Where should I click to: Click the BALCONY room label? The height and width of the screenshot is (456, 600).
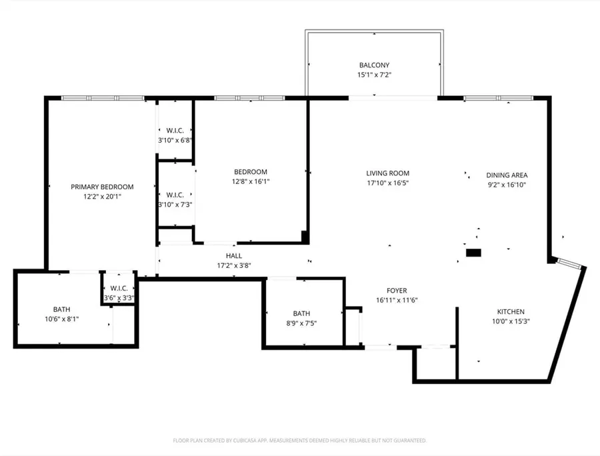pyautogui.click(x=374, y=65)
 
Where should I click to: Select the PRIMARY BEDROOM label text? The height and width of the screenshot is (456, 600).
pyautogui.click(x=102, y=187)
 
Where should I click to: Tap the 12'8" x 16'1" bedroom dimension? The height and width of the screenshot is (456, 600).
pyautogui.click(x=251, y=182)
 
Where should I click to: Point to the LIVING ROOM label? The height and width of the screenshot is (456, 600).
pyautogui.click(x=387, y=173)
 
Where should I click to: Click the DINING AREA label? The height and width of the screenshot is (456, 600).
pyautogui.click(x=507, y=175)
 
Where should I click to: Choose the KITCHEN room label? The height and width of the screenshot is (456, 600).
pyautogui.click(x=511, y=312)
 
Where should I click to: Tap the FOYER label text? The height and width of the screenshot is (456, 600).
pyautogui.click(x=397, y=291)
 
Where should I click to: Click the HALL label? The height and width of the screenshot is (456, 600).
pyautogui.click(x=234, y=256)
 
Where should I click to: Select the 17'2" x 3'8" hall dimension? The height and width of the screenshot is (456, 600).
pyautogui.click(x=234, y=265)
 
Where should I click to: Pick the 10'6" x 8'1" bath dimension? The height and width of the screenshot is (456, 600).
pyautogui.click(x=61, y=319)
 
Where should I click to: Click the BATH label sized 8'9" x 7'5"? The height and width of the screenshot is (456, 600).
pyautogui.click(x=301, y=314)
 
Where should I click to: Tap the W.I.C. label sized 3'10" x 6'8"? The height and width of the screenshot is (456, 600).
pyautogui.click(x=175, y=131)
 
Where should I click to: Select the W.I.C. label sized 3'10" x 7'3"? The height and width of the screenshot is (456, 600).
pyautogui.click(x=175, y=195)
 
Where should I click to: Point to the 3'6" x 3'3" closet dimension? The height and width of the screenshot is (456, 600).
pyautogui.click(x=119, y=298)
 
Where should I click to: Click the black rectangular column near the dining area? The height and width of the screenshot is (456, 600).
pyautogui.click(x=473, y=253)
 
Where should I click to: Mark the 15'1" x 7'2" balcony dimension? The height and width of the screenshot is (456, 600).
pyautogui.click(x=374, y=75)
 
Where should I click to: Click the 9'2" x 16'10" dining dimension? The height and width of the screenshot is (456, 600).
pyautogui.click(x=507, y=185)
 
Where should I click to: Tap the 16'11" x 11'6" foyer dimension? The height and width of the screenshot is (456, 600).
pyautogui.click(x=397, y=300)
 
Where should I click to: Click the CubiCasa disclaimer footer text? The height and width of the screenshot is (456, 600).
pyautogui.click(x=299, y=441)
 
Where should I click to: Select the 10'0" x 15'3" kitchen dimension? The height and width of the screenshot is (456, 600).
pyautogui.click(x=511, y=321)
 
